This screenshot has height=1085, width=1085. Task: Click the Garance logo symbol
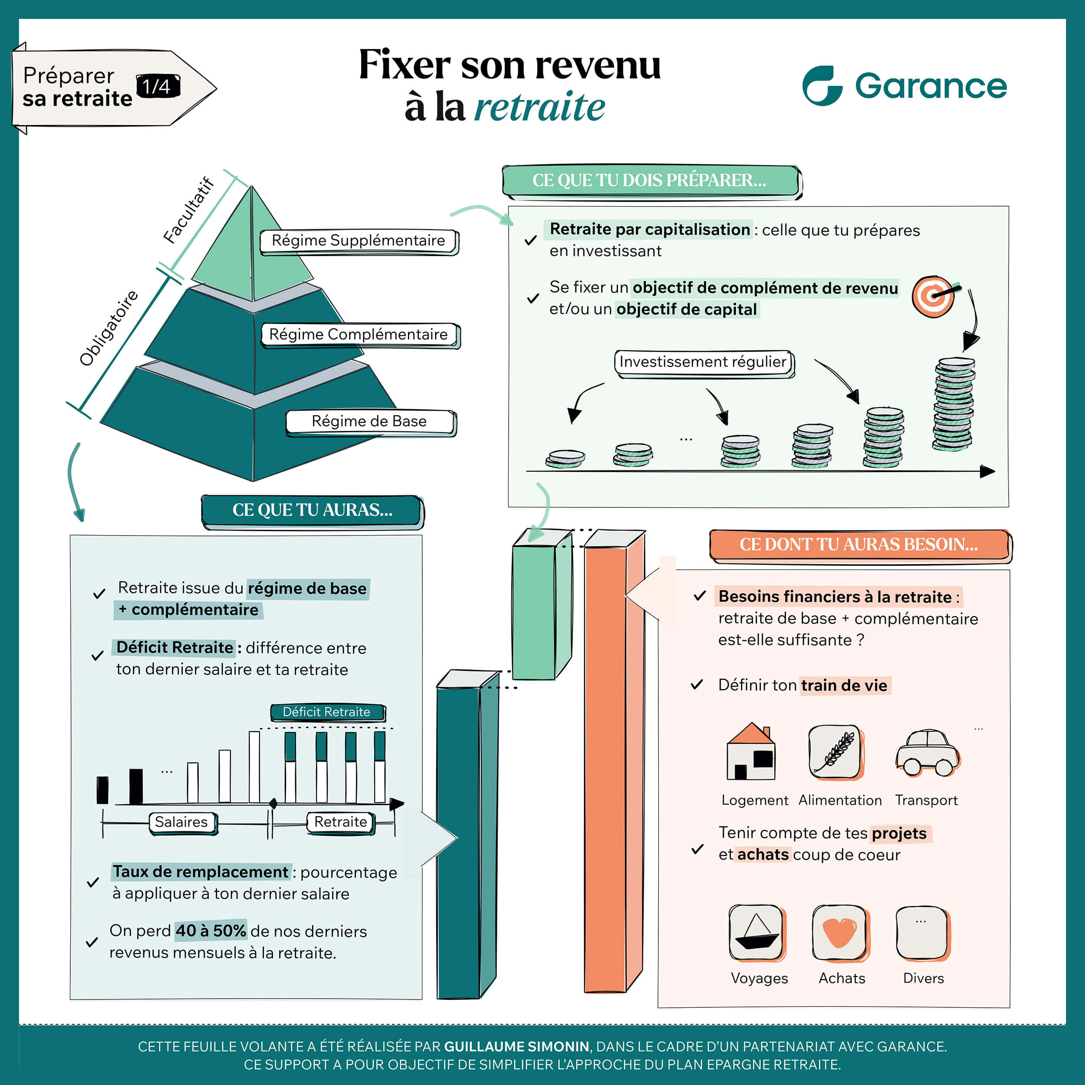822,85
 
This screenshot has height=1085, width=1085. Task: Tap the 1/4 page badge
158,86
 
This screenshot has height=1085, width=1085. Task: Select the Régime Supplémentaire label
359,241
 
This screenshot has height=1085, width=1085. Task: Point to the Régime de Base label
371,422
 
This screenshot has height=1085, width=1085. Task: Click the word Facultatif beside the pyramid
189,210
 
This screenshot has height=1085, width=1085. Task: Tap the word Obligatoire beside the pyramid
108,329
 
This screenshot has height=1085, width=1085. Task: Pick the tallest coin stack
953,404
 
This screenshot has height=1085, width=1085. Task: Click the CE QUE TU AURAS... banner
312,511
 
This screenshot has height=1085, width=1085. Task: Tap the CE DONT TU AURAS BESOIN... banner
860,545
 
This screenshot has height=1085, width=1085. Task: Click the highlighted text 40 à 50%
210,931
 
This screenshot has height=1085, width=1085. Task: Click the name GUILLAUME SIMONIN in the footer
516,1047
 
